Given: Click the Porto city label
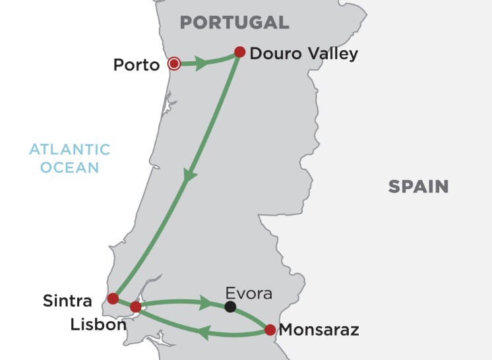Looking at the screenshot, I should (137, 65).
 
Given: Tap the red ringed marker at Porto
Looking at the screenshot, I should (174, 64).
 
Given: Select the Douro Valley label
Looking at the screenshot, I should (304, 53).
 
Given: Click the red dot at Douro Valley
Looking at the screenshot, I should (240, 51).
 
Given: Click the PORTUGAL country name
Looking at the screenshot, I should (235, 22).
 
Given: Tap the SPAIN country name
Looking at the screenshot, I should (418, 187).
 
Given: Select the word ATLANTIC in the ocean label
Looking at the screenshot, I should (69, 149).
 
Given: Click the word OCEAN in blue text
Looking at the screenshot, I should (69, 167).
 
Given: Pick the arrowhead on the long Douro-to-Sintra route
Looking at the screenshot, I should (189, 177).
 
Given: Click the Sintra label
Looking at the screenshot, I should (67, 301).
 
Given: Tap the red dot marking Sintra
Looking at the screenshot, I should (113, 298).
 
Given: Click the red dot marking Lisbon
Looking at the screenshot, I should (136, 307).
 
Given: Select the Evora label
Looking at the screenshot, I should (248, 293).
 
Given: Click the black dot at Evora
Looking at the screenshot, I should (230, 307).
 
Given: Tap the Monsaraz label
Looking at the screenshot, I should (319, 330).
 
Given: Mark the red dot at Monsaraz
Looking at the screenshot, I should (270, 329).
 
